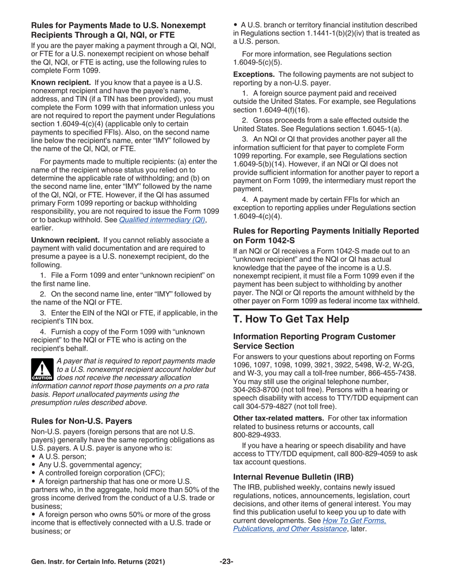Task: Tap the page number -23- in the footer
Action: (x=226, y=562)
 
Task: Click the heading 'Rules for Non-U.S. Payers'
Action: (x=82, y=421)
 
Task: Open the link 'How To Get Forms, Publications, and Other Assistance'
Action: (x=309, y=525)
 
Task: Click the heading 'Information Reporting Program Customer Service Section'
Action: (x=314, y=341)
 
